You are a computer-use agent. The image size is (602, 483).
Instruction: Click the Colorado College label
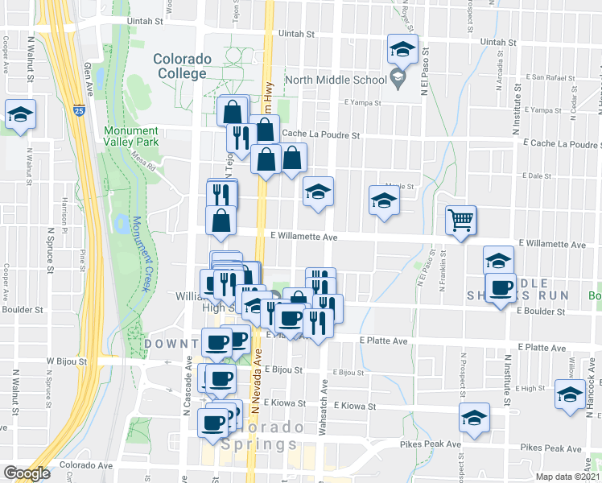coord(182,67)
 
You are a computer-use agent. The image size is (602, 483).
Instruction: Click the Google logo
coord(27,473)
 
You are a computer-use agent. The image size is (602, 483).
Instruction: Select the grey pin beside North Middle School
coord(397,78)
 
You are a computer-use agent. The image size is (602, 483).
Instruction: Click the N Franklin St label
coord(443,269)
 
